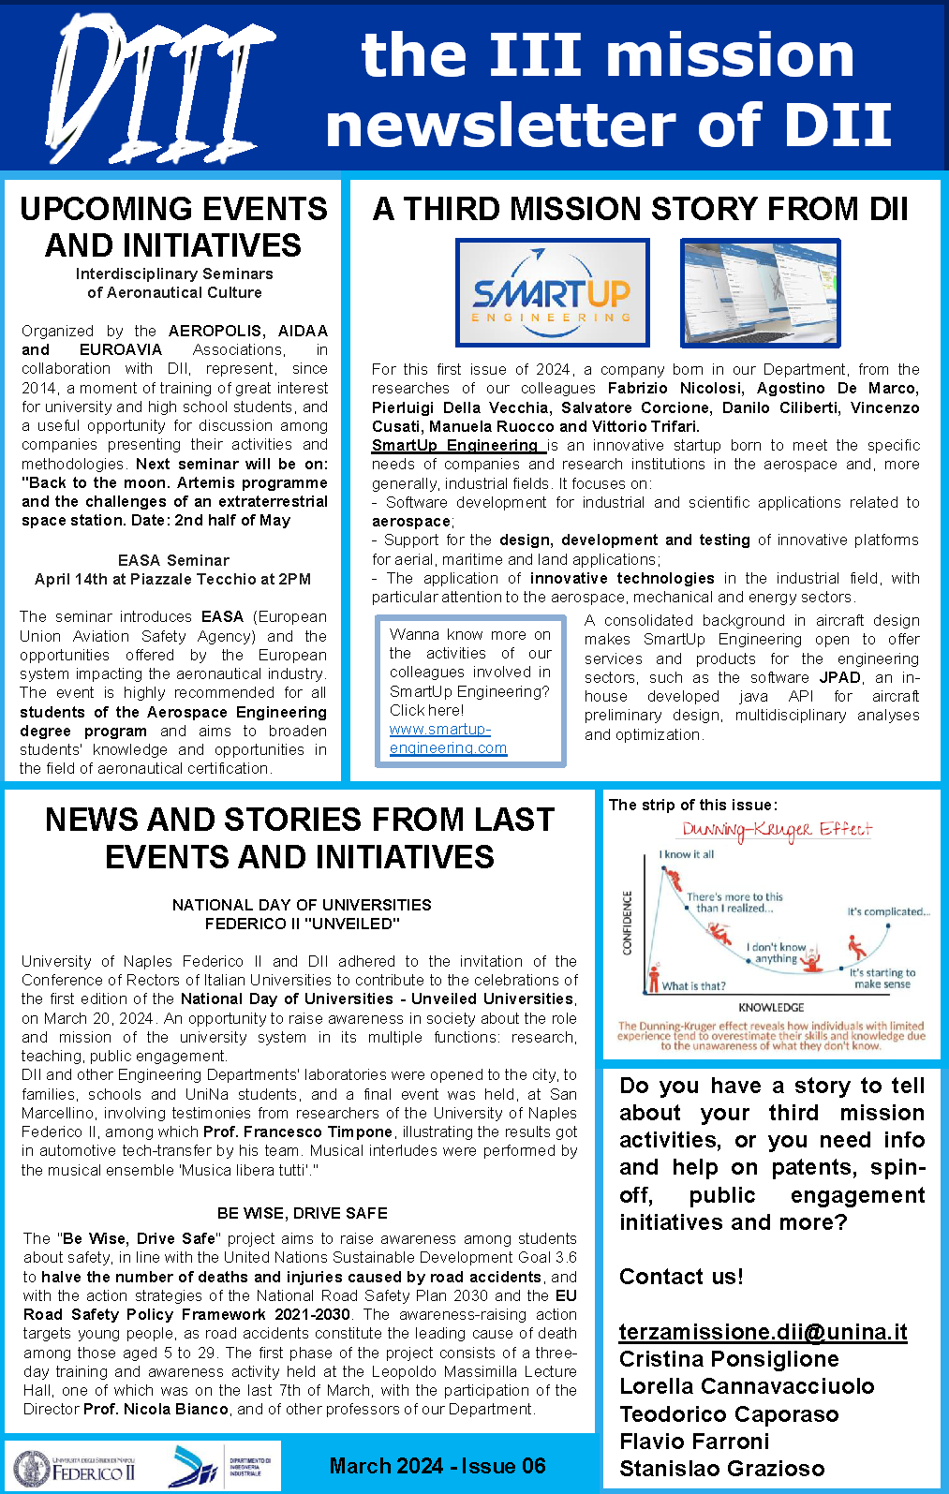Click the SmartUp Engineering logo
pyautogui.click(x=552, y=293)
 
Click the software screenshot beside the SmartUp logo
pyautogui.click(x=760, y=293)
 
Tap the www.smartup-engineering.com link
pyautogui.click(x=448, y=738)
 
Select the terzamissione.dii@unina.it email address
pyautogui.click(x=763, y=1331)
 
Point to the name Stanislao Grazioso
pyautogui.click(x=721, y=1469)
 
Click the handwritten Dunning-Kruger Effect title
pyautogui.click(x=776, y=830)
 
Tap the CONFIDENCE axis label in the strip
pyautogui.click(x=628, y=923)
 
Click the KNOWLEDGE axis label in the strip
pyautogui.click(x=771, y=1007)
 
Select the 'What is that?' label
pyautogui.click(x=693, y=985)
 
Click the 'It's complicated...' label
pyautogui.click(x=888, y=911)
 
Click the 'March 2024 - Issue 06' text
pyautogui.click(x=437, y=1466)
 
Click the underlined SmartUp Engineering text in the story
pyautogui.click(x=457, y=445)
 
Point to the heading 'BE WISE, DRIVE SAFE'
pyautogui.click(x=302, y=1213)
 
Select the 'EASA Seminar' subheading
pyautogui.click(x=173, y=560)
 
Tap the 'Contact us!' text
pyautogui.click(x=681, y=1277)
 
